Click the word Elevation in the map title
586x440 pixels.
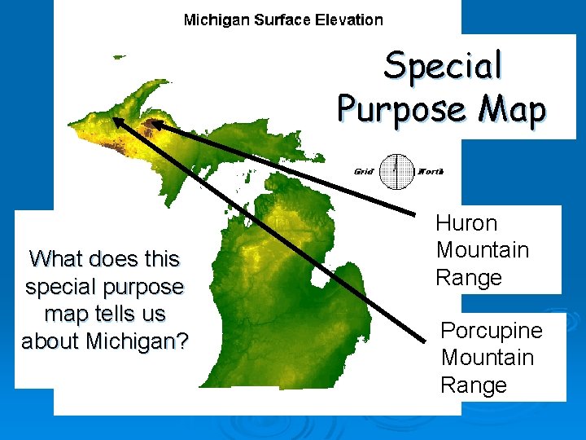[346, 20]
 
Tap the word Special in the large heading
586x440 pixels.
[444, 65]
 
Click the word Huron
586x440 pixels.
[466, 222]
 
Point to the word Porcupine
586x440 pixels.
[491, 330]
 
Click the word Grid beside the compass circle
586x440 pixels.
[363, 171]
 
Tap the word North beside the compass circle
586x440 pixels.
[430, 171]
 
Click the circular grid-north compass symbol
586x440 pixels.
[396, 171]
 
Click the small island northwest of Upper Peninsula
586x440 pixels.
[120, 56]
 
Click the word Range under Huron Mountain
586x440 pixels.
[469, 277]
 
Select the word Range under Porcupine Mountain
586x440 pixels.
[474, 385]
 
